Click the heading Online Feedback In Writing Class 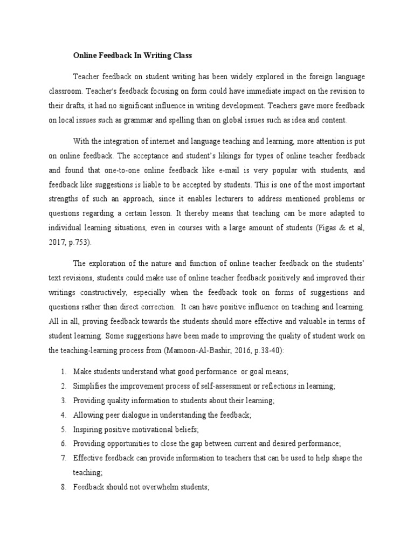pyautogui.click(x=133, y=56)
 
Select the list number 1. pyautogui.click(x=63, y=372)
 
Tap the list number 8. pyautogui.click(x=63, y=487)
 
